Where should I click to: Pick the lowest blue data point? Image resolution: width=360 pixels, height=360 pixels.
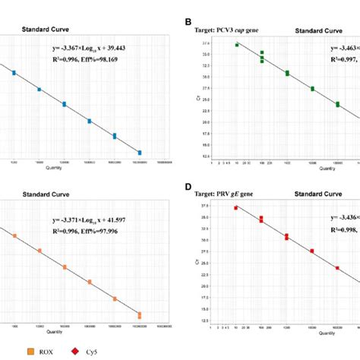[x=140, y=153]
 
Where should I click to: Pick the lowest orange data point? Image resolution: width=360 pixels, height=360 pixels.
[x=140, y=314]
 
